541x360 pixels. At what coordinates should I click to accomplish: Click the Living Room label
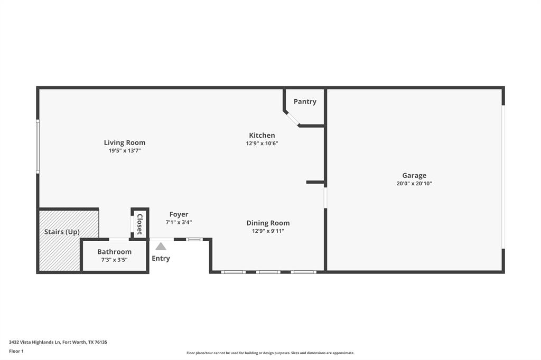point(124,143)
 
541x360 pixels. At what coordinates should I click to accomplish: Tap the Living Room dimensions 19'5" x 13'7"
point(124,150)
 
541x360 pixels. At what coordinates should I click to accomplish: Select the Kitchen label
point(262,135)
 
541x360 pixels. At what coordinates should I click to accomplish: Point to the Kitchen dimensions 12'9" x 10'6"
point(262,143)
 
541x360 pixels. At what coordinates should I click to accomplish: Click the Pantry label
point(305,101)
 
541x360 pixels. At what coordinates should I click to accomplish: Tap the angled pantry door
point(292,119)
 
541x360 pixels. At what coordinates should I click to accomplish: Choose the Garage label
point(414,175)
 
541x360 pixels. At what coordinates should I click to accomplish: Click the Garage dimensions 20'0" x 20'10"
point(414,184)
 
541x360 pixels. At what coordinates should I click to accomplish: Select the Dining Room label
point(268,223)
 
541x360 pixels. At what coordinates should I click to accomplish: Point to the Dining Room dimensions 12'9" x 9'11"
point(268,231)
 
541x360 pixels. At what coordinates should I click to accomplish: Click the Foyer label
point(179,214)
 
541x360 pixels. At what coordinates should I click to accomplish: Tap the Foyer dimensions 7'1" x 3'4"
point(179,222)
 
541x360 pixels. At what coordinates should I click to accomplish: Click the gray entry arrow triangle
point(161,246)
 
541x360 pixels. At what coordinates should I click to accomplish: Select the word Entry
point(161,258)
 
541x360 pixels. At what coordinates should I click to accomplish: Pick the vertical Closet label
point(140,224)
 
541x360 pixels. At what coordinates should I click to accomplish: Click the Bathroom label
point(114,252)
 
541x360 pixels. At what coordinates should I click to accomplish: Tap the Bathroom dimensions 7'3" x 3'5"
point(114,260)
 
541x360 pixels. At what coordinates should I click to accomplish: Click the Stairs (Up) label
point(62,232)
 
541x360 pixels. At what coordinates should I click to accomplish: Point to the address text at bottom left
point(58,342)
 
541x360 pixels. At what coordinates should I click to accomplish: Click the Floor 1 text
point(16,351)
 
